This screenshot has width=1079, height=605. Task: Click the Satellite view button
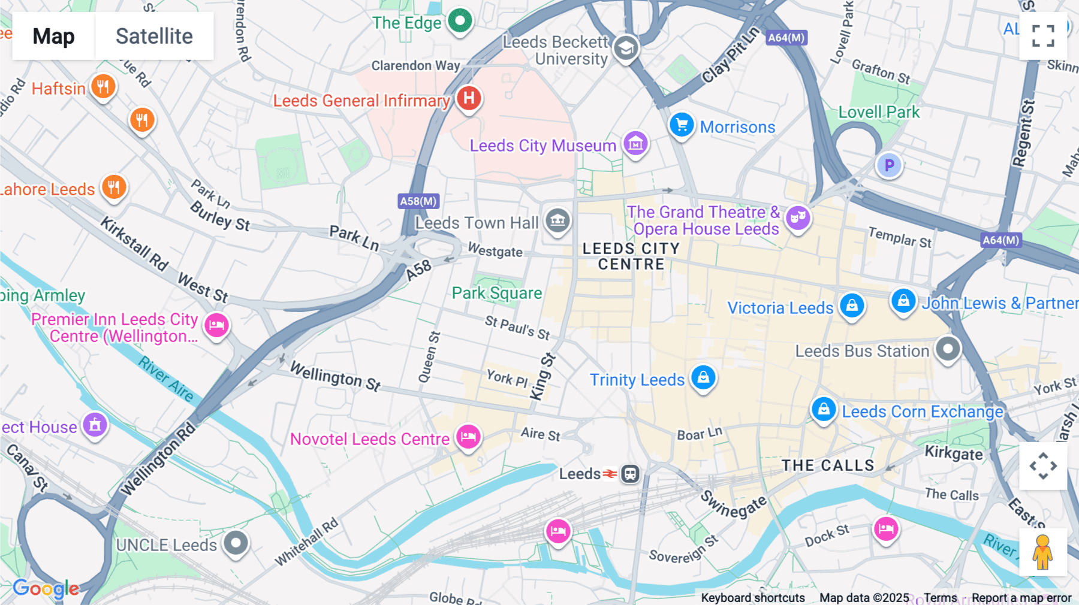coord(154,36)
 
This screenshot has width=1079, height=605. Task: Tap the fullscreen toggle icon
coord(1043,36)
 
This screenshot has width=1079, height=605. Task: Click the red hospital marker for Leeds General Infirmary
coord(469,98)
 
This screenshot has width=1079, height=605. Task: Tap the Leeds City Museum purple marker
coord(635,144)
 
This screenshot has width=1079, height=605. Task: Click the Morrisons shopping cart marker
coord(682,125)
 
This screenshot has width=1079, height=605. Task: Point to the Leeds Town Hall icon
coord(557,220)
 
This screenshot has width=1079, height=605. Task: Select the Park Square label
coord(496,293)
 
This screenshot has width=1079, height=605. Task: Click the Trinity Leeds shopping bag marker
coord(703,377)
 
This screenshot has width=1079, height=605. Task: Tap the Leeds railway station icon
coord(629,474)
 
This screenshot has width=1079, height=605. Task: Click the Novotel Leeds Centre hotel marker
coord(468,437)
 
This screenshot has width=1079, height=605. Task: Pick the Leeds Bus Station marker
coord(948,349)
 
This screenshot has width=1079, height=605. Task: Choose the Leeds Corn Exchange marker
coord(824,409)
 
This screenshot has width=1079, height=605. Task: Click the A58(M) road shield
coord(418,201)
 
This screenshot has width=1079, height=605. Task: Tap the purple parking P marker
coord(889,165)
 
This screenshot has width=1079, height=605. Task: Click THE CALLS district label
coord(828,465)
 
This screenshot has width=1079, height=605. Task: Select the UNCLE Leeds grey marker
coord(236,543)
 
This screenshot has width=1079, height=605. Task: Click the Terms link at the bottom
coord(940,598)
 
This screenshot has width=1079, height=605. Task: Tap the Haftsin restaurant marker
coord(103,86)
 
